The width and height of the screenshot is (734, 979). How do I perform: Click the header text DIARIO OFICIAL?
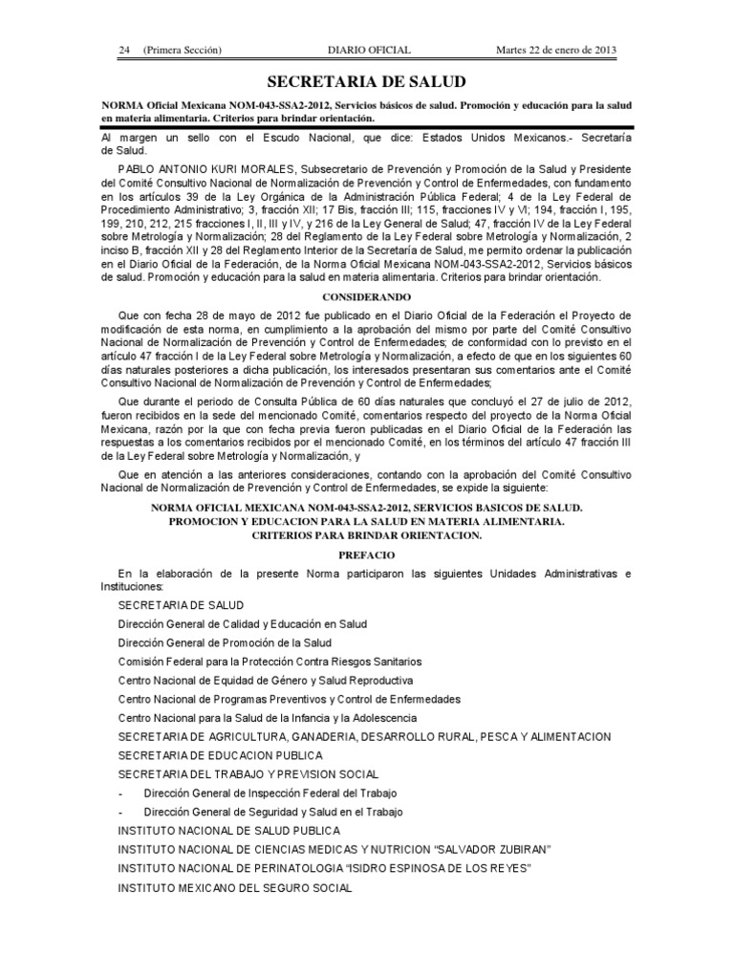(x=368, y=50)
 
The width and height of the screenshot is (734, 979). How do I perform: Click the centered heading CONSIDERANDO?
(x=367, y=297)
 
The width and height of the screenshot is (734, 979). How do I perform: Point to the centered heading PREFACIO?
(x=367, y=555)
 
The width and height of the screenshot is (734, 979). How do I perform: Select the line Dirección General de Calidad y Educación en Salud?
(x=243, y=623)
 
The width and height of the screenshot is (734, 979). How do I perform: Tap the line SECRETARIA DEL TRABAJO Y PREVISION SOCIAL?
(x=248, y=774)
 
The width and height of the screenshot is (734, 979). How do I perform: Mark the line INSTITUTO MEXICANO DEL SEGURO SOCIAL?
(x=234, y=887)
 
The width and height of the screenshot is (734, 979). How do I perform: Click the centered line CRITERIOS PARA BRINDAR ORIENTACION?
(x=367, y=535)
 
